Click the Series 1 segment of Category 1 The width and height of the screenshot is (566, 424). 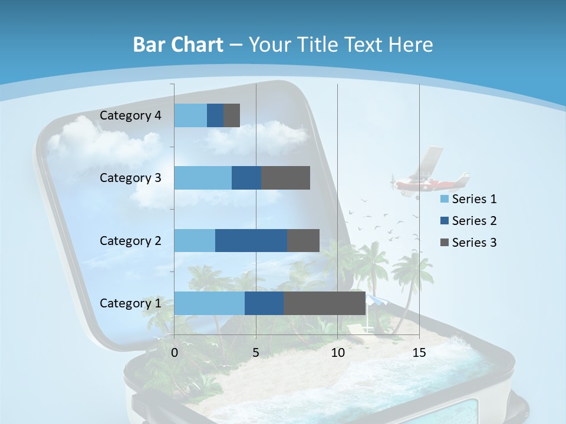coord(209,303)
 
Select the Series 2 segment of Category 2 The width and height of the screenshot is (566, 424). coord(251,240)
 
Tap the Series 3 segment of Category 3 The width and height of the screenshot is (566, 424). coord(286,178)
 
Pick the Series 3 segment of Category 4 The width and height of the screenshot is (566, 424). coord(232,115)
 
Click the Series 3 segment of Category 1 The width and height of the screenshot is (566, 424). coord(324,303)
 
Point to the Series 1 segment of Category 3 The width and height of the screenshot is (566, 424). coord(203,178)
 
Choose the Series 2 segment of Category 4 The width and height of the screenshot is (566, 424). coord(215,115)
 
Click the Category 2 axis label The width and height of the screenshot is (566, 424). coord(130,240)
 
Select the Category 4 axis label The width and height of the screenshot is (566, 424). coord(130,115)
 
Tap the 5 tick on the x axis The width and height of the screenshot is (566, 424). coord(256,353)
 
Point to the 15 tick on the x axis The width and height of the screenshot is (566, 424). coord(419,353)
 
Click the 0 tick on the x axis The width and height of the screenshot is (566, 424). coord(175,353)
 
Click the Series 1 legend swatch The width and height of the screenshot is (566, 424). coord(445,199)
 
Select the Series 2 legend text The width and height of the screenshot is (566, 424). coord(474,221)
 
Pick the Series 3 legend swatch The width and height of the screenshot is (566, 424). coord(445,242)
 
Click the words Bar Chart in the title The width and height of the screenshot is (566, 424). coord(177,45)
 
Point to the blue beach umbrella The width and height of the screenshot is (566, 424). coord(375,301)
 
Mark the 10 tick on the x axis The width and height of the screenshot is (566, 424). coord(337,353)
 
